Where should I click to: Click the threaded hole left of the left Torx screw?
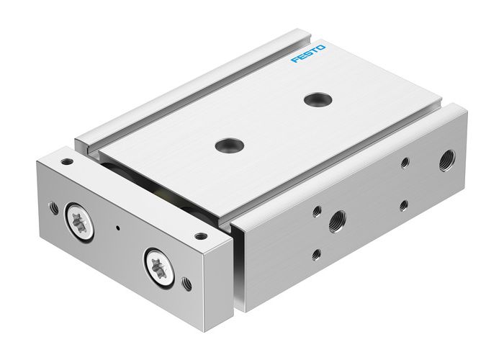click(53, 209)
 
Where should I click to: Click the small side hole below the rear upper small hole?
click(404, 204)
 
